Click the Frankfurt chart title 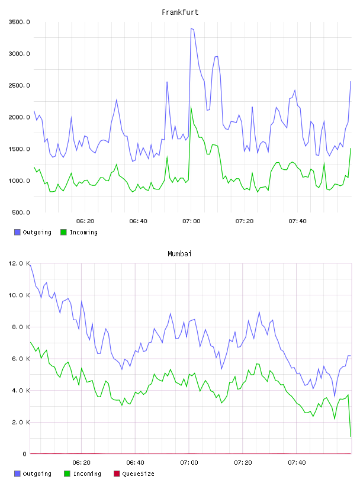click(180, 12)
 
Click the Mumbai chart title click(179, 254)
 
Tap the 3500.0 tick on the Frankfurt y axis click(19, 22)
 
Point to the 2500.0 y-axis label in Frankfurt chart click(19, 85)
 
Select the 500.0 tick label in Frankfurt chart click(21, 212)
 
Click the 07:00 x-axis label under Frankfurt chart click(191, 221)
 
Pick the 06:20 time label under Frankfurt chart click(85, 221)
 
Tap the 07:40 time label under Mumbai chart click(297, 463)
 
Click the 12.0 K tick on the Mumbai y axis click(19, 263)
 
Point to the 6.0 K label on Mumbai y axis click(21, 359)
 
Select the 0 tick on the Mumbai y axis click(25, 454)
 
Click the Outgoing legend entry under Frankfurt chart click(33, 232)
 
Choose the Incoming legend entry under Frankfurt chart click(79, 232)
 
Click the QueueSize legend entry click(134, 474)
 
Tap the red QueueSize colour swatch click(117, 474)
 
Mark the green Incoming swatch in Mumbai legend click(67, 474)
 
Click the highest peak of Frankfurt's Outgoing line click(191, 28)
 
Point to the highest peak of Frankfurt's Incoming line click(191, 107)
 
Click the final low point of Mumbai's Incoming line click(351, 436)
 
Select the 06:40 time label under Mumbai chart click(135, 463)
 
